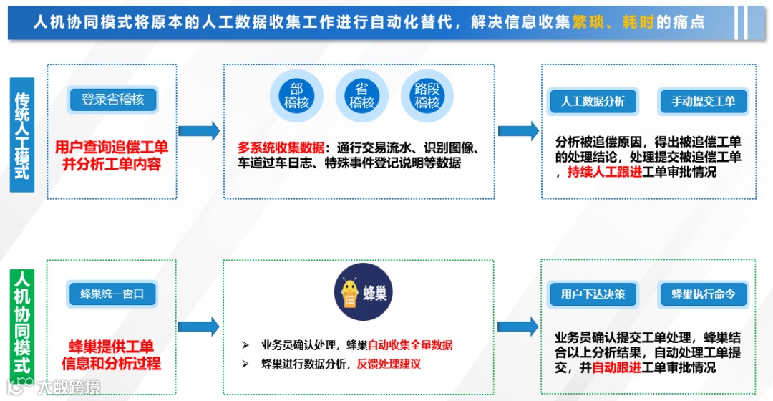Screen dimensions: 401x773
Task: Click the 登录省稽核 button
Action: (113, 100)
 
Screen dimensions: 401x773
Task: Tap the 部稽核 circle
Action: (296, 96)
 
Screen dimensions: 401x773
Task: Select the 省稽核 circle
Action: (361, 96)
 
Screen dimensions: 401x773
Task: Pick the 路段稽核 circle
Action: (427, 96)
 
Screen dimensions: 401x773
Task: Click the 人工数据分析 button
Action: (593, 101)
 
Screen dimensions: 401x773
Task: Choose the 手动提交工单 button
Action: (703, 101)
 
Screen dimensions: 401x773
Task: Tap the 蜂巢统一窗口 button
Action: (112, 294)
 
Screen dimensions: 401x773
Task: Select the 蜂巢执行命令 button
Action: (703, 294)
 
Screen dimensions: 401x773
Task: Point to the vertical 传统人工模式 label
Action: (22, 135)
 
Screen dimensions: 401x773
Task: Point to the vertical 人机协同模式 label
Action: (22, 327)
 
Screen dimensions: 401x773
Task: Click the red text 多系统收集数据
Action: (281, 148)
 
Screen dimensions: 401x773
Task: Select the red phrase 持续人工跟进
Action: (604, 172)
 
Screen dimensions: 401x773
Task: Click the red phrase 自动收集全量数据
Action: (412, 345)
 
